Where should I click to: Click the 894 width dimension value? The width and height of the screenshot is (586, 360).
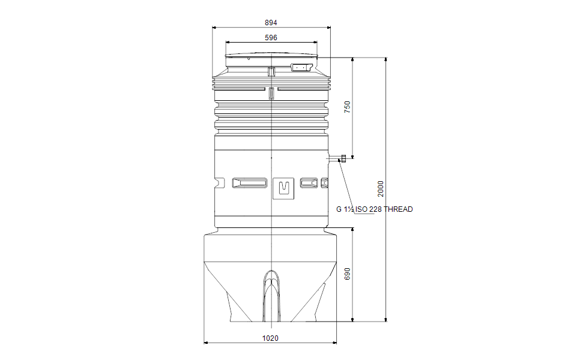coord(271,23)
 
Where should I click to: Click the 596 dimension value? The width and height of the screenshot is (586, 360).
coord(271,38)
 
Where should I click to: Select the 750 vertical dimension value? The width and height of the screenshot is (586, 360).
coord(348,107)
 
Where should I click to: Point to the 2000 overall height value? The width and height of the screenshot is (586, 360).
coord(381,188)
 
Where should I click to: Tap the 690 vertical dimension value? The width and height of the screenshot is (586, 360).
coord(348,274)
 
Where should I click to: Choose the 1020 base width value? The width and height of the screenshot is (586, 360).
coord(270,338)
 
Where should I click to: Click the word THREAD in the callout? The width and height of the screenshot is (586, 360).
coord(399,209)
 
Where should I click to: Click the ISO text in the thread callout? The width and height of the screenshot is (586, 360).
coord(361,209)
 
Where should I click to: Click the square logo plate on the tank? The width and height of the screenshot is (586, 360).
coord(283,188)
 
